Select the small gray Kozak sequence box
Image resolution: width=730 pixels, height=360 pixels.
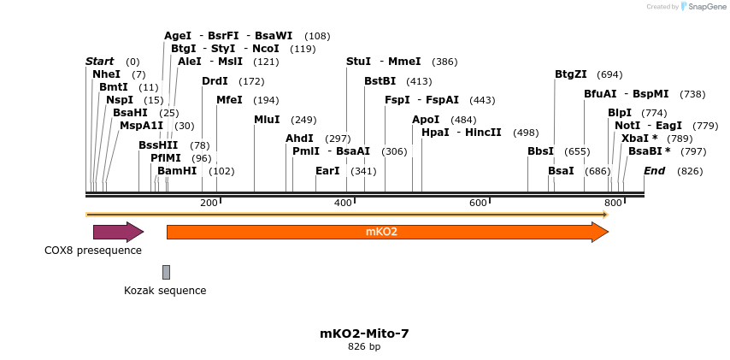pyautogui.click(x=166, y=272)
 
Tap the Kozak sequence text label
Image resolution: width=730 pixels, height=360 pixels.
pyautogui.click(x=165, y=290)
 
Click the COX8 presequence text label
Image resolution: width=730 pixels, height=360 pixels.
pyautogui.click(x=93, y=251)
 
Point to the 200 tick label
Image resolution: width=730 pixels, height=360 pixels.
pyautogui.click(x=209, y=203)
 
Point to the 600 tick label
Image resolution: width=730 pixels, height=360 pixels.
pyautogui.click(x=478, y=203)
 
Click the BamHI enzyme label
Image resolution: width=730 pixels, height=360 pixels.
pyautogui.click(x=177, y=171)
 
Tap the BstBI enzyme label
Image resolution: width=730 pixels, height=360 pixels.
pyautogui.click(x=380, y=81)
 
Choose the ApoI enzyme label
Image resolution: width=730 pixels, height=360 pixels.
pyautogui.click(x=426, y=120)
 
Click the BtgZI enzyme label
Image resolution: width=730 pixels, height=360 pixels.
pyautogui.click(x=571, y=74)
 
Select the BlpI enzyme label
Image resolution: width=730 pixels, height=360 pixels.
pyautogui.click(x=620, y=113)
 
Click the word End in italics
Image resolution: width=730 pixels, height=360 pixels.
pyautogui.click(x=654, y=171)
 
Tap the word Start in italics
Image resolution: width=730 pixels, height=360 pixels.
pyautogui.click(x=100, y=62)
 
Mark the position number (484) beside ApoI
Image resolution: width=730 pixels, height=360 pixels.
pyautogui.click(x=463, y=120)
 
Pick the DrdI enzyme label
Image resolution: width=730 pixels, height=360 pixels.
pyautogui.click(x=215, y=81)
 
